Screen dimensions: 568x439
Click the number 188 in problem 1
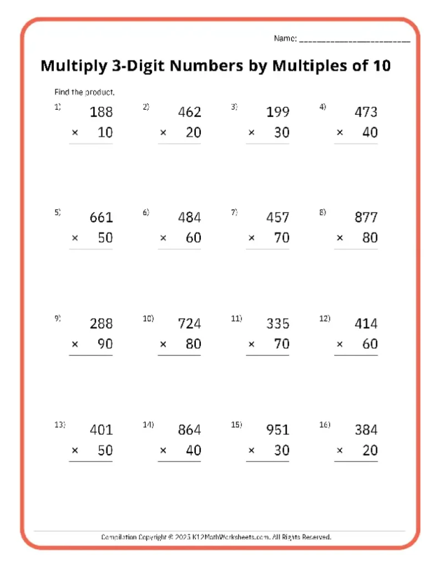pos(101,112)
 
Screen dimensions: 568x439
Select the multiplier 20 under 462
pos(193,133)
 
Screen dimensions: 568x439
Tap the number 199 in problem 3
pos(277,112)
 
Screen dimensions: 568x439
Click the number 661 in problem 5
pos(101,217)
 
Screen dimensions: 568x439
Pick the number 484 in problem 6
pos(189,217)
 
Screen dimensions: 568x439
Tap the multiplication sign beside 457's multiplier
pos(251,238)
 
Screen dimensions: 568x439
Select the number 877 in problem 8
pos(366,217)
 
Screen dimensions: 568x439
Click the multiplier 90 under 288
pos(105,344)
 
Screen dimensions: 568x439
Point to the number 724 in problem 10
pos(189,323)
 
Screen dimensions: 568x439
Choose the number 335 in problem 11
pos(277,323)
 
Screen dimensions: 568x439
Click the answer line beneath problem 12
pos(356,356)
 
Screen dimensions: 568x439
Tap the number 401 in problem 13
pos(101,430)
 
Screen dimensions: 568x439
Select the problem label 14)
pos(148,425)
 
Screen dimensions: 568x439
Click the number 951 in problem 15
pos(277,430)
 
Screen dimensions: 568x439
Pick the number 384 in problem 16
pos(366,430)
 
